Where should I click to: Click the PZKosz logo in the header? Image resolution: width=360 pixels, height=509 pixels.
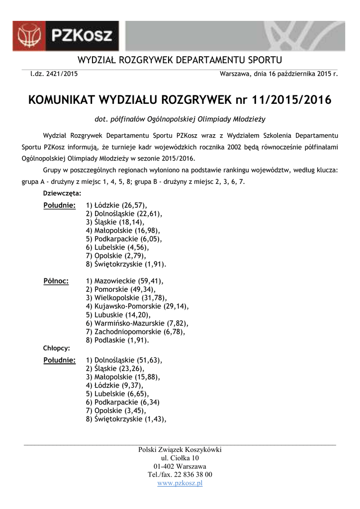point(66,36)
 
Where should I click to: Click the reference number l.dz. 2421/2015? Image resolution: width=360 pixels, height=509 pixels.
point(54,74)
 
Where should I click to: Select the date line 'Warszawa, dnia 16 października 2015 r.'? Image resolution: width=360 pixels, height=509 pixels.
point(278,74)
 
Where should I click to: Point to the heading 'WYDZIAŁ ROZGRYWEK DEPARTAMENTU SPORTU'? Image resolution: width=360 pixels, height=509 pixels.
point(180,61)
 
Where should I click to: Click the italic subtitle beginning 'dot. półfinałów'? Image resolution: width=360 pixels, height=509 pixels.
point(180,119)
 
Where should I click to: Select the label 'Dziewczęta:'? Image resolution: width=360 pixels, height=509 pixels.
point(62,193)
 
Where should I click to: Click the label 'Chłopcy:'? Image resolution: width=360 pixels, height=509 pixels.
point(57,348)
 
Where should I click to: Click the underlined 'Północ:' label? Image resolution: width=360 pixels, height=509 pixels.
point(56,281)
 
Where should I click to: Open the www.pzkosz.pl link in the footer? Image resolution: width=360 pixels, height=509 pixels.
point(180,483)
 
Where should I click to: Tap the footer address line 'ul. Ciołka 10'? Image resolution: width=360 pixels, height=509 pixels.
point(180,458)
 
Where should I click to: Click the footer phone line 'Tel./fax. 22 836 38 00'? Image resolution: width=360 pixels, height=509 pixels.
point(180,475)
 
